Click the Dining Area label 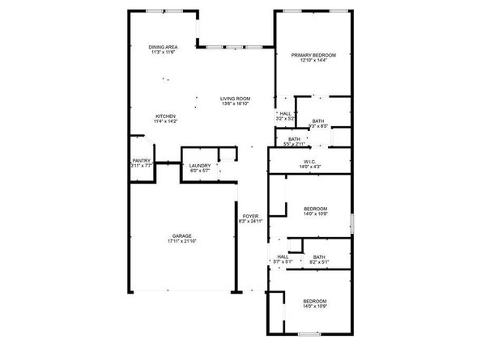163,47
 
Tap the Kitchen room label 165,116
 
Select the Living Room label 235,99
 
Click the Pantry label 141,160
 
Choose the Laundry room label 200,166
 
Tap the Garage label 181,235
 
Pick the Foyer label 249,215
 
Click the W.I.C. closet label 309,161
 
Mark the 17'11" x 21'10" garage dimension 181,242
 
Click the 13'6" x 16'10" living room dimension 235,104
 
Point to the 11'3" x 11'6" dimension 163,53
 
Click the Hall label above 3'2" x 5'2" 284,113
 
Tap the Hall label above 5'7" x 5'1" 283,256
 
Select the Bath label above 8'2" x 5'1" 319,256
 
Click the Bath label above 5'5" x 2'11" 294,138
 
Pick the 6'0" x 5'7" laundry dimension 200,172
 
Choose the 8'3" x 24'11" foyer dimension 249,221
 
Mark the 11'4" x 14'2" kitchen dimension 165,122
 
